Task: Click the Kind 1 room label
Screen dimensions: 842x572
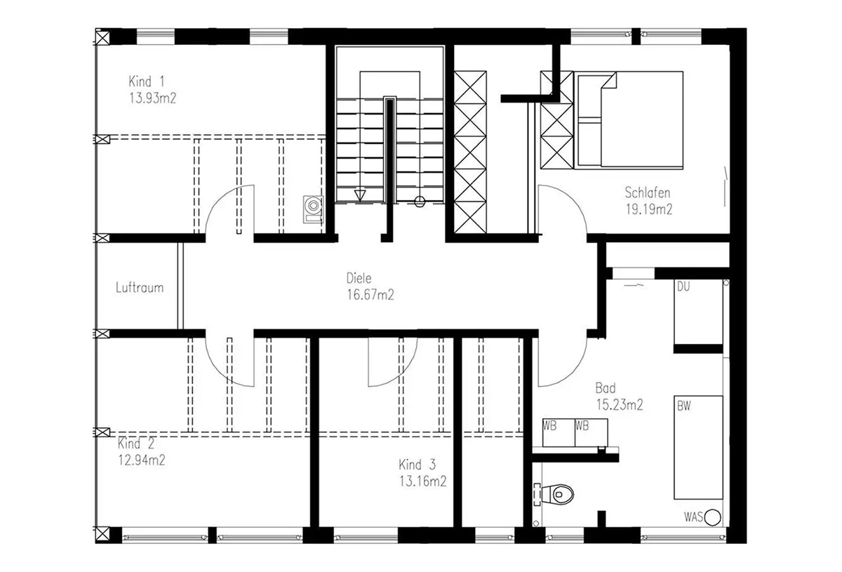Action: pyautogui.click(x=147, y=81)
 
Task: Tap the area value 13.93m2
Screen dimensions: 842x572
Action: pyautogui.click(x=153, y=98)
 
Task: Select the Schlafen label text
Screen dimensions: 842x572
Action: pyautogui.click(x=647, y=192)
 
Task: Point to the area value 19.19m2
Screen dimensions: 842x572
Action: pyautogui.click(x=649, y=209)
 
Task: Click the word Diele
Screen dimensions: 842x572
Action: pyautogui.click(x=359, y=279)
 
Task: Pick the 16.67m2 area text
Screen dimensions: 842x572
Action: pyautogui.click(x=370, y=295)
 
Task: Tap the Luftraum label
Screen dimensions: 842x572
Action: pyautogui.click(x=140, y=288)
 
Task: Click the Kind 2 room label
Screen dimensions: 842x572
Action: pyautogui.click(x=135, y=444)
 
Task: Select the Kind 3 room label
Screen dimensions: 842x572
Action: pyautogui.click(x=417, y=465)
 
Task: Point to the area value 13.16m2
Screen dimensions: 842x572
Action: pyautogui.click(x=423, y=481)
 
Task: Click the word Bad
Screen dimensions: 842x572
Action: pyautogui.click(x=606, y=387)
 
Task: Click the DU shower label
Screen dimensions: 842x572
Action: pyautogui.click(x=683, y=287)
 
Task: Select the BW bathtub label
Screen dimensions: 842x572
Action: pyautogui.click(x=683, y=406)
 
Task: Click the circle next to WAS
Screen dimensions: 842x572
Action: pyautogui.click(x=712, y=517)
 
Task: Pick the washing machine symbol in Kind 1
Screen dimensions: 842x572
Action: pyautogui.click(x=313, y=209)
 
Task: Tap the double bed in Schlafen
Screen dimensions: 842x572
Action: pyautogui.click(x=630, y=119)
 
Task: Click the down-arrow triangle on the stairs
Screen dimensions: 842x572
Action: pyautogui.click(x=360, y=196)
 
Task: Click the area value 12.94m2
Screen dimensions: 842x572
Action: pyautogui.click(x=142, y=460)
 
